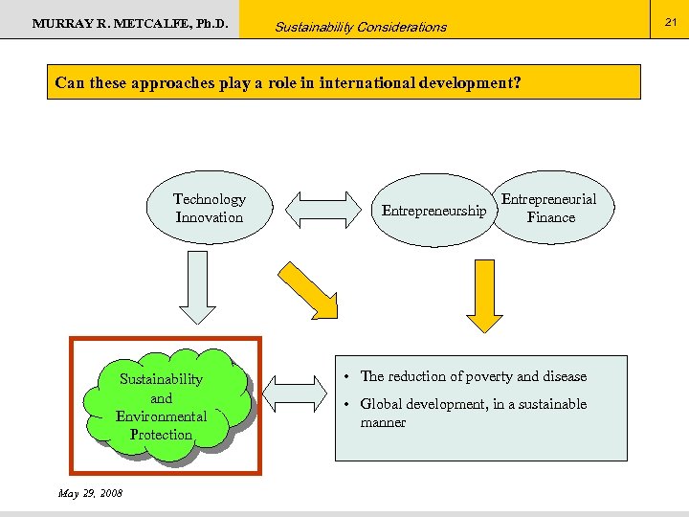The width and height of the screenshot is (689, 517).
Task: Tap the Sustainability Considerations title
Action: coord(360,27)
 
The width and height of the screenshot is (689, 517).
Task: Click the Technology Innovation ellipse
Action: coord(210,209)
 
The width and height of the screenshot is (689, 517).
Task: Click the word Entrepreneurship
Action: coord(433,211)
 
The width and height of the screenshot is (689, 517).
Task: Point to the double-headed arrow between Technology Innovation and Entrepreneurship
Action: coord(321,210)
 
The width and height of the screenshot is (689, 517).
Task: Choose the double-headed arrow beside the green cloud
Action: coord(294,394)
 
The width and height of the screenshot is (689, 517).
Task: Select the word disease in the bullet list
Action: coord(565,377)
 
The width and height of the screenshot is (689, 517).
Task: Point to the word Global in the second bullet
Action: coord(383,404)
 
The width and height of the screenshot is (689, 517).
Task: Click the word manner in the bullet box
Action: coord(383,422)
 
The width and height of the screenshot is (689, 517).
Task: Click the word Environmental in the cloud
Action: coord(161,416)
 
